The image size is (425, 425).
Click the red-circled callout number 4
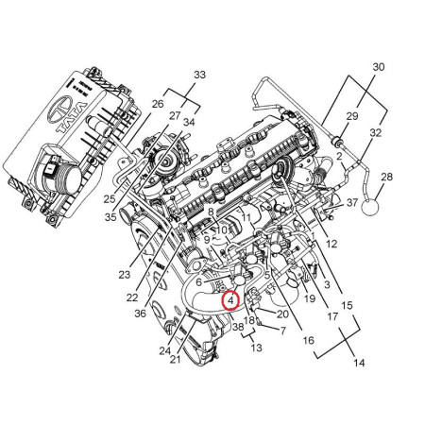point(230,301)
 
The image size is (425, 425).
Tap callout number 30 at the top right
point(379,67)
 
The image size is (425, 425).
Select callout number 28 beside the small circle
point(386,177)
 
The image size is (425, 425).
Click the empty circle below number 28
point(370,207)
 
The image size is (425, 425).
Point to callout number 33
point(199,75)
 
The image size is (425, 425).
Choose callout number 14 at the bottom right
point(359,363)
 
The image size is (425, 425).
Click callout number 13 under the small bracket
point(256,348)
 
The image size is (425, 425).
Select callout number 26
point(158,104)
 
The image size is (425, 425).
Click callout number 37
point(352,202)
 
